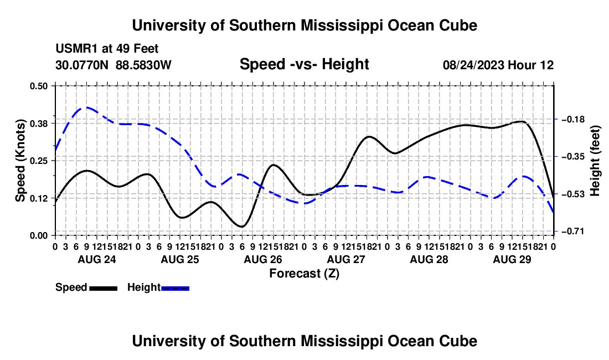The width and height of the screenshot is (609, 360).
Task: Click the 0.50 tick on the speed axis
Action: tap(38, 86)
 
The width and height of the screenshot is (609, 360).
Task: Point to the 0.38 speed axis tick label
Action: tap(38, 124)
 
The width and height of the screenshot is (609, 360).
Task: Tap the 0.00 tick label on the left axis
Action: tap(38, 235)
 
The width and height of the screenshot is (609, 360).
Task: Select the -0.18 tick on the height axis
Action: tap(573, 119)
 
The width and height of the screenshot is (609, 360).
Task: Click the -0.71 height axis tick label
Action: tap(573, 232)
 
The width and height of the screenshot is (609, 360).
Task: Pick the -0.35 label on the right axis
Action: tap(573, 157)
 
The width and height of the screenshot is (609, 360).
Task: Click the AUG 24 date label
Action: tap(97, 259)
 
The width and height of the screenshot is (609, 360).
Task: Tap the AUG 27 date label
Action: tap(346, 259)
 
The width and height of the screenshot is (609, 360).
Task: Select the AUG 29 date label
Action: tap(512, 259)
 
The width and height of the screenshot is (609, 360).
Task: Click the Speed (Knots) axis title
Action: tap(20, 161)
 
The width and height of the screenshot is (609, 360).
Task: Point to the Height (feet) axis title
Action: tap(595, 161)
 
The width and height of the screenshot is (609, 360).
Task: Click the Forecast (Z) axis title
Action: tap(304, 274)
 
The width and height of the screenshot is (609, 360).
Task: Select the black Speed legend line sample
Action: tap(104, 288)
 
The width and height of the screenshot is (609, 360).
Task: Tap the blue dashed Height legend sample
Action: tap(175, 288)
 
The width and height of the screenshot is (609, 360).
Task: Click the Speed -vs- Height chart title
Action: tap(304, 64)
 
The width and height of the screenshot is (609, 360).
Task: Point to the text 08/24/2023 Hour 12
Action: tap(498, 65)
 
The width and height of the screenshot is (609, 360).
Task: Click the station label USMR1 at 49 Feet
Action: tap(107, 49)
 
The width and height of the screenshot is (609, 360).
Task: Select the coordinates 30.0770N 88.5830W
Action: tap(113, 65)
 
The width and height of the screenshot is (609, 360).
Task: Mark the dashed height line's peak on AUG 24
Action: tap(85, 107)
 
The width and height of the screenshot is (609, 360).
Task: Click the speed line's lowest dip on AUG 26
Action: tap(242, 227)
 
